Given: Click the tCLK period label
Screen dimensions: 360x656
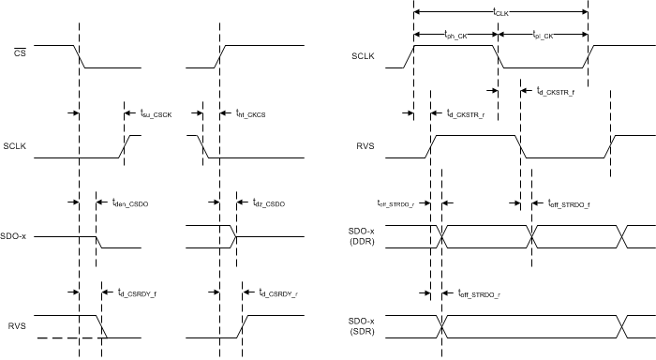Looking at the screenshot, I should point(500,11).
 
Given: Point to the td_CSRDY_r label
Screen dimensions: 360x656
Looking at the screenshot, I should point(279,292).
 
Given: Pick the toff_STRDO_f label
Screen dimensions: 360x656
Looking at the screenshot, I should point(572,202).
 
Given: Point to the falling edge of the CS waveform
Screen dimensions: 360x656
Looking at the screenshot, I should point(82,56).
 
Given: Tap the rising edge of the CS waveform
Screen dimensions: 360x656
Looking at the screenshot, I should point(221,56).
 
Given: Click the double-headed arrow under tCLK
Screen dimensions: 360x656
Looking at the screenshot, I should point(500,12).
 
